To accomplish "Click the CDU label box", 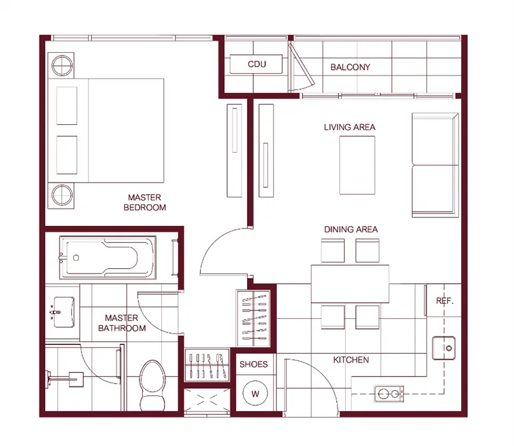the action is click(x=256, y=64).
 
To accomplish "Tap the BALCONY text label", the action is click(x=350, y=67).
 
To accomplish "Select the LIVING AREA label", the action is click(x=349, y=127).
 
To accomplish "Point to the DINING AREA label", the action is click(x=351, y=230).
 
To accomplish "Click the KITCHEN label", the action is click(x=351, y=360).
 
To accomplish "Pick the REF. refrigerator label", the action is click(x=444, y=301).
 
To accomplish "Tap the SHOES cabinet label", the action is click(x=253, y=365).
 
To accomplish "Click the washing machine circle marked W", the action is click(x=256, y=393).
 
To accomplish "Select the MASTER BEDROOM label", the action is click(x=144, y=202).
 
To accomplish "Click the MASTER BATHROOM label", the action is click(x=122, y=323).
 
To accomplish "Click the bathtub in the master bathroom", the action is click(x=108, y=257).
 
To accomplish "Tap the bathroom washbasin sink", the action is click(x=64, y=312).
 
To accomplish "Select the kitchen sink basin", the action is click(x=444, y=348).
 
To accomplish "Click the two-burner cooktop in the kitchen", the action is click(x=389, y=394).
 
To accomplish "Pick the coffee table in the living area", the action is click(x=357, y=165).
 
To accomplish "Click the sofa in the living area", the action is click(x=435, y=165).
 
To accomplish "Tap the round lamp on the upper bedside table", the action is click(x=62, y=65).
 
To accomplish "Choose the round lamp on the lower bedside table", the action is click(x=62, y=196).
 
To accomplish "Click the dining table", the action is click(x=350, y=284).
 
